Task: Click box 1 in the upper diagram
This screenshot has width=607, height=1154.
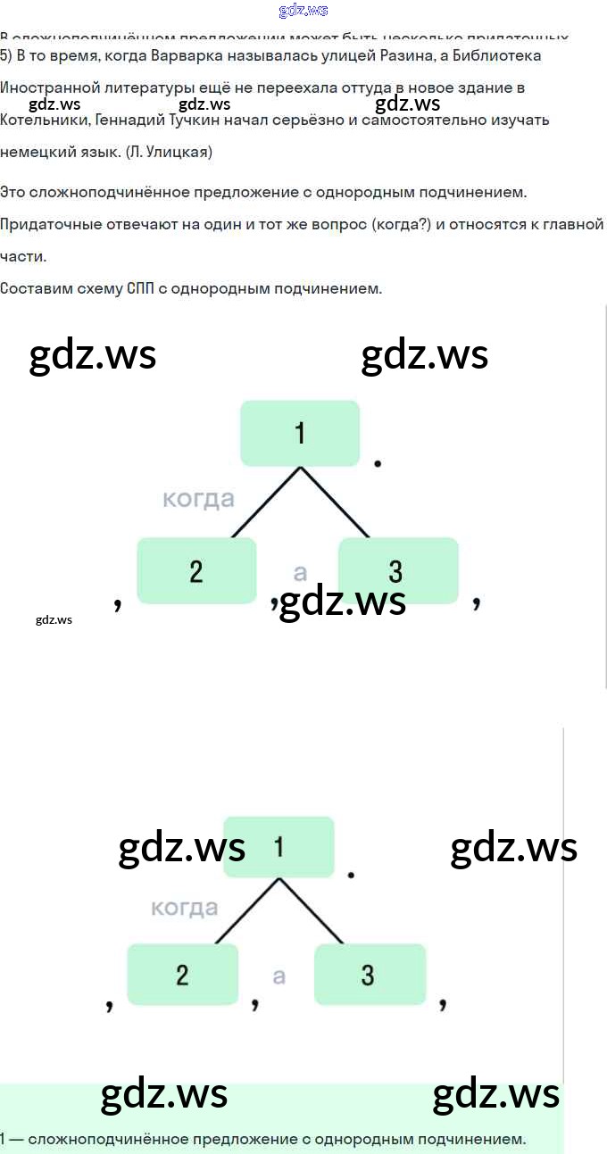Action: (300, 433)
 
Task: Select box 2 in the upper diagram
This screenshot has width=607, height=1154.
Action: (196, 570)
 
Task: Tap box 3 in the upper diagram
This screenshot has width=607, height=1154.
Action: (398, 570)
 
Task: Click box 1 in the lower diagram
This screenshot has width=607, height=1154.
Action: (279, 846)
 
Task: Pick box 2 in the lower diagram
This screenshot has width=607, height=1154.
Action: (183, 974)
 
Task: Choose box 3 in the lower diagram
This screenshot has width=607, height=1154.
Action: (370, 974)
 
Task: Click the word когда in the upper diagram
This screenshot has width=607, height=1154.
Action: (198, 499)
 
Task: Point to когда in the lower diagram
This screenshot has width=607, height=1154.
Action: (185, 908)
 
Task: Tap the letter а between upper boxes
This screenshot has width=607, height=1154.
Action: (300, 572)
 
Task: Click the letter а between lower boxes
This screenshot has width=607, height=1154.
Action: (279, 976)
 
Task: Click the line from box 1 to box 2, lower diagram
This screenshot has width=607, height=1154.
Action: (247, 911)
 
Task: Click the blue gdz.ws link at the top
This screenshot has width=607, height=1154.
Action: (303, 11)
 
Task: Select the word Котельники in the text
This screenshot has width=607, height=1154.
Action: (44, 120)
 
